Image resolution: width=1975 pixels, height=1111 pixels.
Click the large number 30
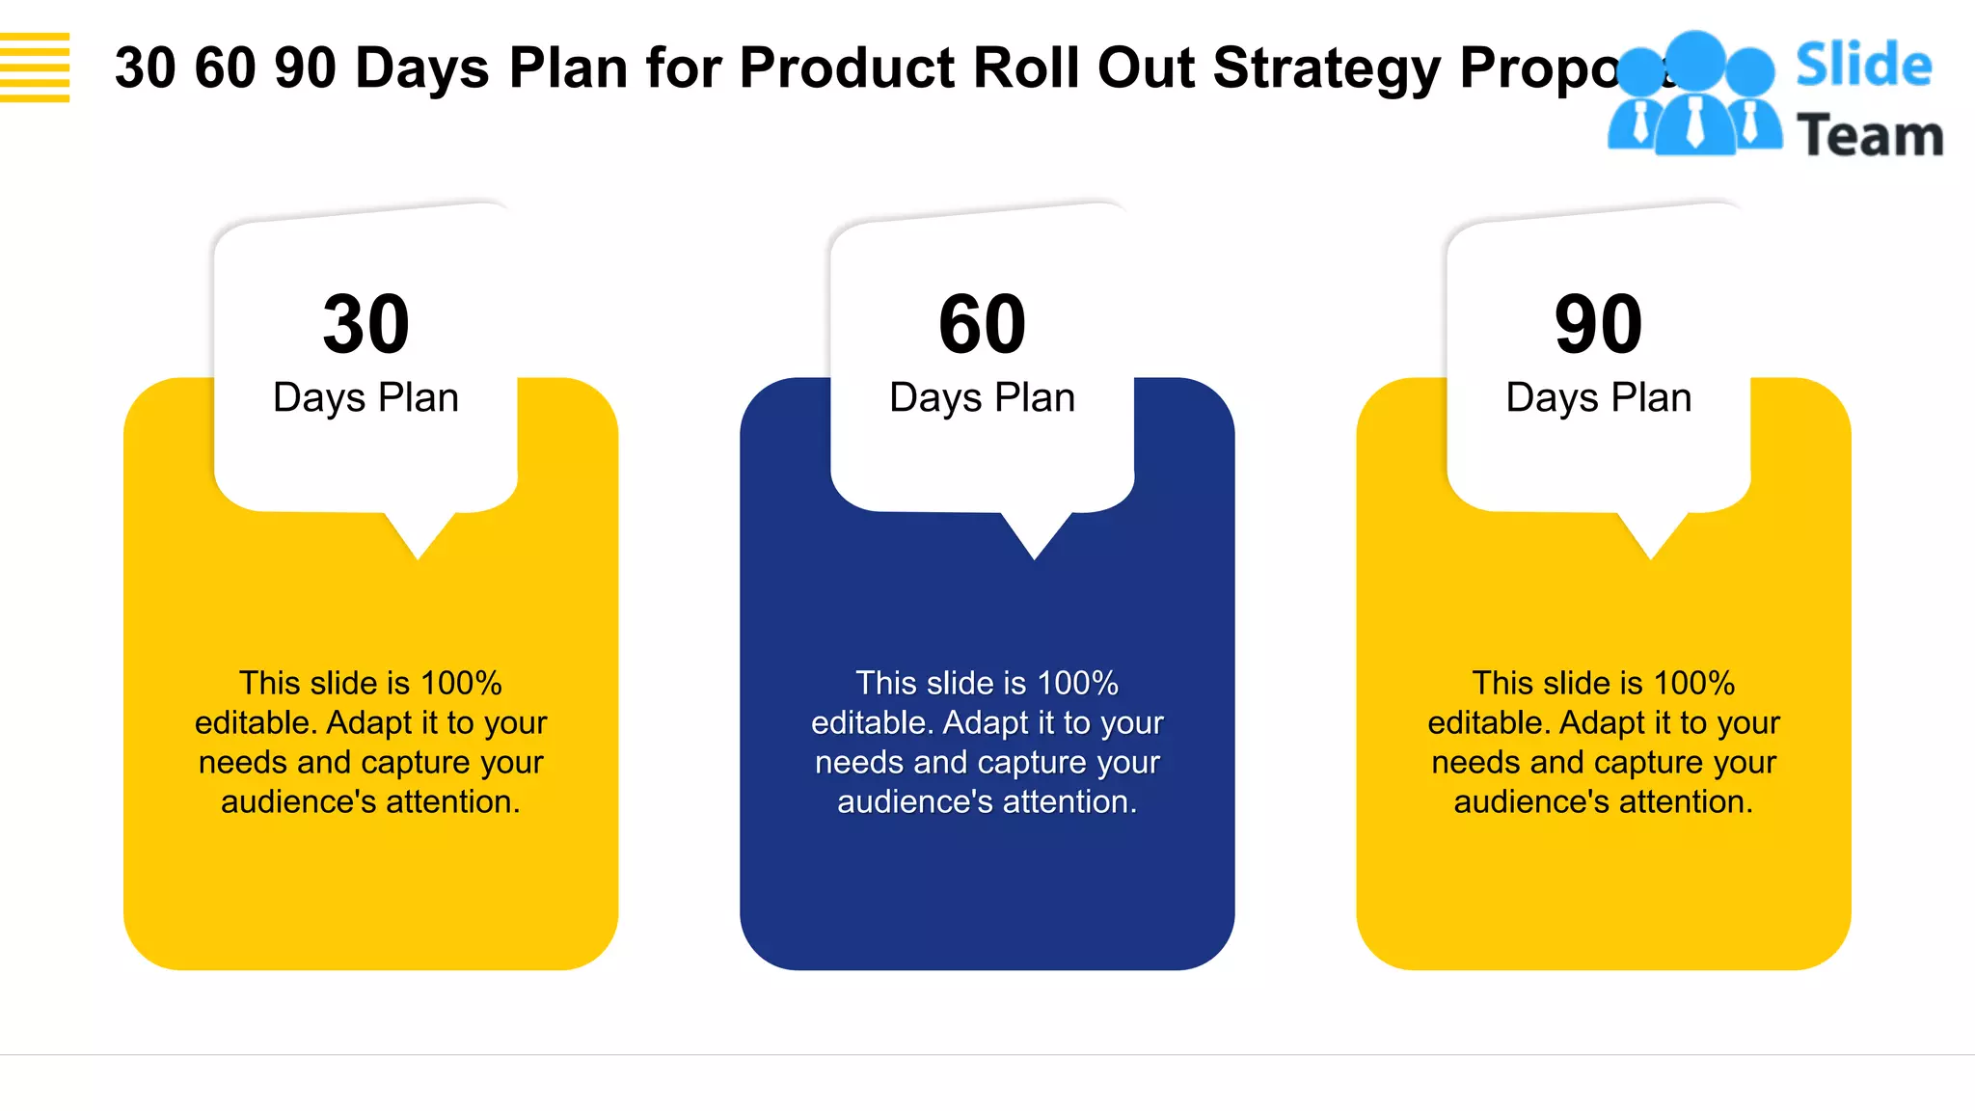point(366,324)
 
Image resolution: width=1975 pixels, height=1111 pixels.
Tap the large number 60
point(982,324)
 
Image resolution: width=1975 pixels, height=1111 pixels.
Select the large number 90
point(1598,324)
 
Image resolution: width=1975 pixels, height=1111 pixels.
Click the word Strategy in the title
point(1326,69)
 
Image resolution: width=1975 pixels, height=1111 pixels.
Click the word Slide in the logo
point(1863,66)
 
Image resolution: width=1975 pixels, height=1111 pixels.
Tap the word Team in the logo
point(1870,135)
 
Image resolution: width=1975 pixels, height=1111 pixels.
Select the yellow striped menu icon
point(35,68)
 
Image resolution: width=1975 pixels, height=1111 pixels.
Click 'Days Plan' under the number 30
point(365,397)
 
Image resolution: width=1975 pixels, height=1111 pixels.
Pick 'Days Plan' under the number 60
point(982,397)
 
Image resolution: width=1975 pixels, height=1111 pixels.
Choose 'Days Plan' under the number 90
point(1598,397)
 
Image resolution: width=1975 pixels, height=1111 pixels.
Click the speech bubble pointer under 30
point(419,535)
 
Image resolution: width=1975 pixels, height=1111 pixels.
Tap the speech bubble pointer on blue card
point(1035,535)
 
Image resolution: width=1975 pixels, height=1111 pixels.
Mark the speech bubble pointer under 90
point(1651,535)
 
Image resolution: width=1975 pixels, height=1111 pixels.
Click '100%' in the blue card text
point(1077,683)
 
